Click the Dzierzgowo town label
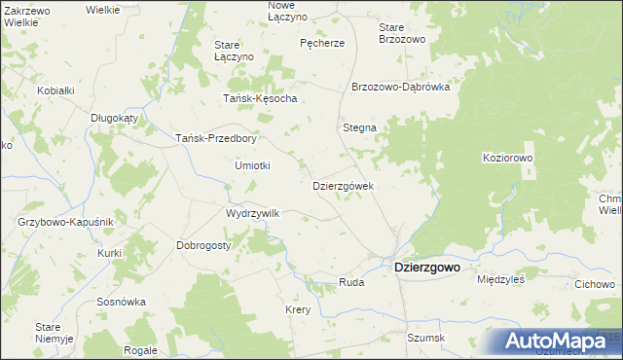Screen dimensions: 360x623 click(425, 267)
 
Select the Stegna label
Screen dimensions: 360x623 click(359, 127)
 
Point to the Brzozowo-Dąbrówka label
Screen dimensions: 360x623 click(400, 86)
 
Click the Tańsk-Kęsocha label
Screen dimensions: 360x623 click(260, 99)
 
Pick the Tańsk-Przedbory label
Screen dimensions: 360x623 click(215, 138)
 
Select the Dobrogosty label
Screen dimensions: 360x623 click(203, 245)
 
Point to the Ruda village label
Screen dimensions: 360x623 click(350, 282)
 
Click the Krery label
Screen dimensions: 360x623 click(297, 309)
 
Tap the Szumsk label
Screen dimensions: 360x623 click(425, 338)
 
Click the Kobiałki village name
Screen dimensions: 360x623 click(55, 90)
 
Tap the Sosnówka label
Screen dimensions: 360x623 click(121, 302)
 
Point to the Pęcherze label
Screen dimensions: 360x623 click(322, 43)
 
